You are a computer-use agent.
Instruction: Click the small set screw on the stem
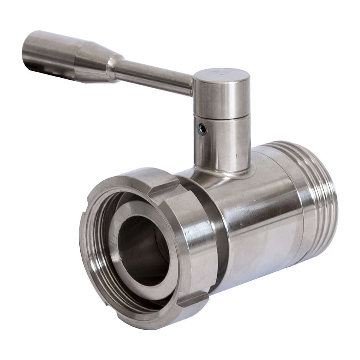pyautogui.click(x=202, y=129)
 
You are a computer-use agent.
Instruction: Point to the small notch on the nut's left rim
pyautogui.click(x=83, y=213)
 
